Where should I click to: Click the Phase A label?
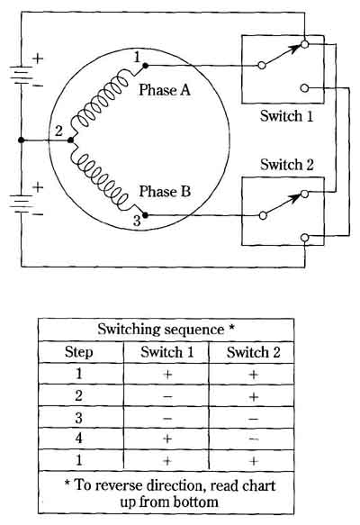(x=165, y=90)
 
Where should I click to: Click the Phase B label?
(x=165, y=191)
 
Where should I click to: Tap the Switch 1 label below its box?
(x=286, y=116)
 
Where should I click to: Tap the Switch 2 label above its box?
(x=287, y=165)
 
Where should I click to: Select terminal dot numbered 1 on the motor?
(x=145, y=66)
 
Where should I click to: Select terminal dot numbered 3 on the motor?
(x=145, y=215)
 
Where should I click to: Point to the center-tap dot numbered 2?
(x=70, y=140)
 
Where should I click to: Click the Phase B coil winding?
(x=101, y=181)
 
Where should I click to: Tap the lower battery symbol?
(x=22, y=204)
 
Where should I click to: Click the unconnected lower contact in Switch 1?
(x=304, y=88)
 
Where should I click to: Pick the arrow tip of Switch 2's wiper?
(x=301, y=195)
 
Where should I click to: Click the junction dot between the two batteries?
(x=21, y=140)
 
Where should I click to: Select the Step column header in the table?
(x=78, y=352)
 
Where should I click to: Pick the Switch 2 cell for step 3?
(x=253, y=419)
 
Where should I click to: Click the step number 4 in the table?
(x=78, y=439)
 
